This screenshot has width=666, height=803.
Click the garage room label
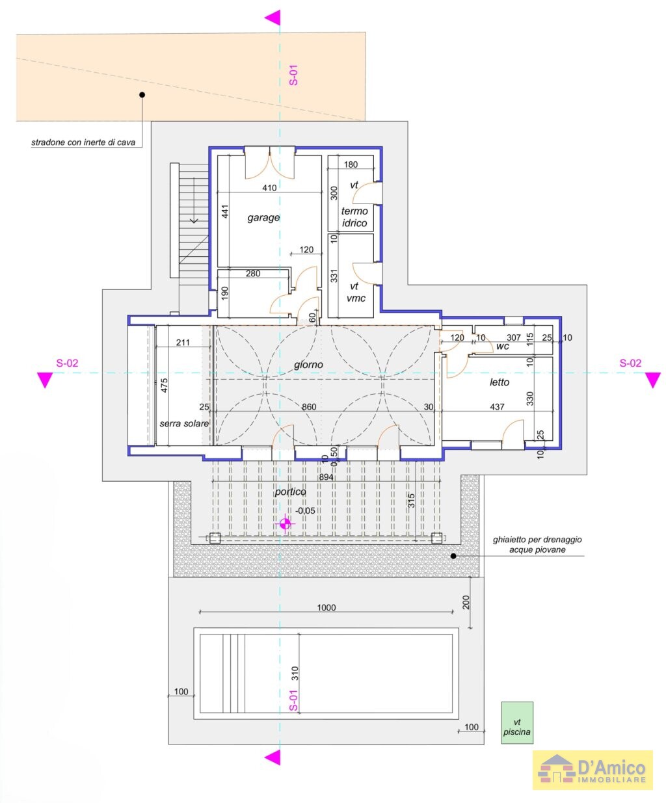263,218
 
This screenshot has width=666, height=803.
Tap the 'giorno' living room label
308,365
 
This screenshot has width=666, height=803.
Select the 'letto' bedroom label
499,382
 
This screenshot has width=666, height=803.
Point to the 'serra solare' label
184,423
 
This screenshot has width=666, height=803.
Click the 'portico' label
290,492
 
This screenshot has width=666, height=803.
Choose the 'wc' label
502,346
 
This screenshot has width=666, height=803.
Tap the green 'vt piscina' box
516,722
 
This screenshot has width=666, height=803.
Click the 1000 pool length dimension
326,607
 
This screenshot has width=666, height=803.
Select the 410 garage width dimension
269,188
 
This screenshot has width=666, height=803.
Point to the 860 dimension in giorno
308,406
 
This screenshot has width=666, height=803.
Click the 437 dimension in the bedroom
497,406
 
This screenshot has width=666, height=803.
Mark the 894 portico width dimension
326,477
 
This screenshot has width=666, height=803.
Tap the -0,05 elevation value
305,510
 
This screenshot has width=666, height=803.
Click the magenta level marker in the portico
285,523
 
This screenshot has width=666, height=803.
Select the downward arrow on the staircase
194,200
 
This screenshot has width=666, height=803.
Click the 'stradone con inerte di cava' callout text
83,142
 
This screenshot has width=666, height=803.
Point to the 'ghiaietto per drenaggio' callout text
537,540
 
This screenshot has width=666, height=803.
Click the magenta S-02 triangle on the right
652,380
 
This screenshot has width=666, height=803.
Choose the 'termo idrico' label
354,217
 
